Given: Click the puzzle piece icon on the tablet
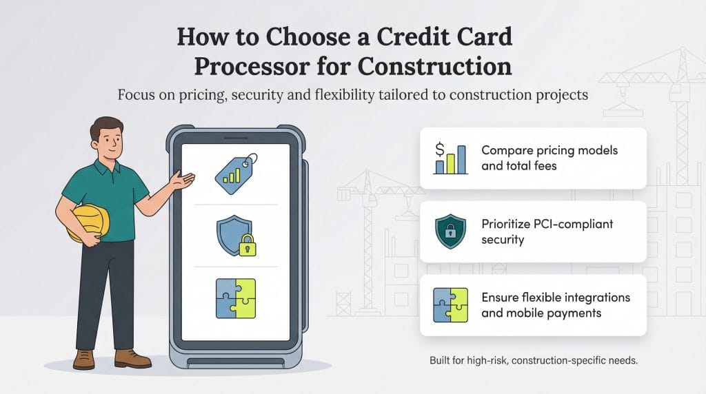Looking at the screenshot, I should click(x=234, y=298).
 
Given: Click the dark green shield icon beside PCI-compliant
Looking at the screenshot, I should click(x=450, y=231).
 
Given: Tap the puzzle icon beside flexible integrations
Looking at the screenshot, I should click(x=450, y=305).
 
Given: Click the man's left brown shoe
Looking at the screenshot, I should click(x=84, y=359).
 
